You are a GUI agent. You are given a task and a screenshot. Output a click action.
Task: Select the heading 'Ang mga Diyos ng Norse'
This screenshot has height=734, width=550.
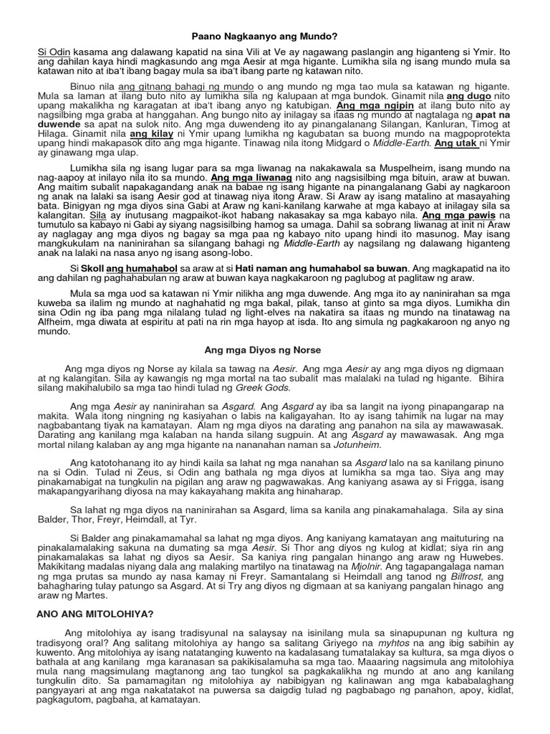point(263,350)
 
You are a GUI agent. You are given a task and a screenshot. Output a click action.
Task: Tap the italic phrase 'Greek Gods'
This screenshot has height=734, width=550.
point(263,388)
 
